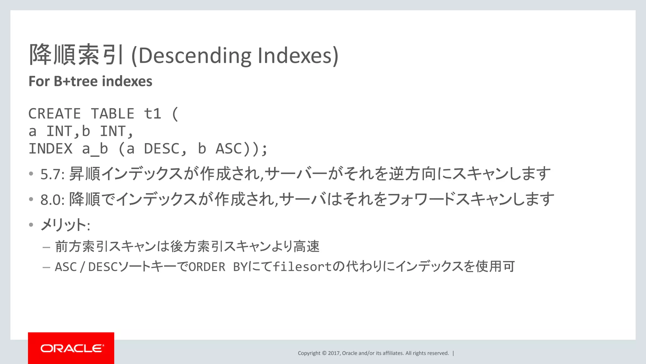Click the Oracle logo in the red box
[72, 348]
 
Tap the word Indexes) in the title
[298, 56]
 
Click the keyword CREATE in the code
[55, 114]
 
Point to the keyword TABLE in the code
[113, 114]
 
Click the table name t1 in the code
[152, 114]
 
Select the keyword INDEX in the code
[50, 149]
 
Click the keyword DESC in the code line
[161, 149]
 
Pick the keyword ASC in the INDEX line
[229, 149]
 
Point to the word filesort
[302, 267]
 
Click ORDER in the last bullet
[207, 267]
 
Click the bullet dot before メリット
[31, 225]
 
